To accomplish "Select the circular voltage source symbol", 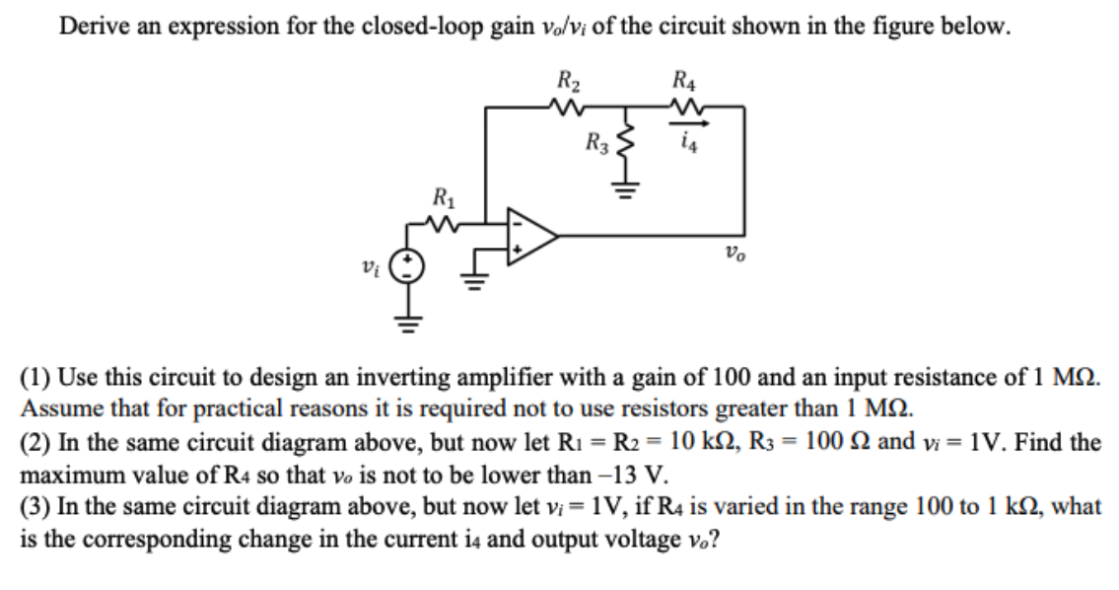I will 408,265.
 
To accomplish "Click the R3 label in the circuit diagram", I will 595,144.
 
